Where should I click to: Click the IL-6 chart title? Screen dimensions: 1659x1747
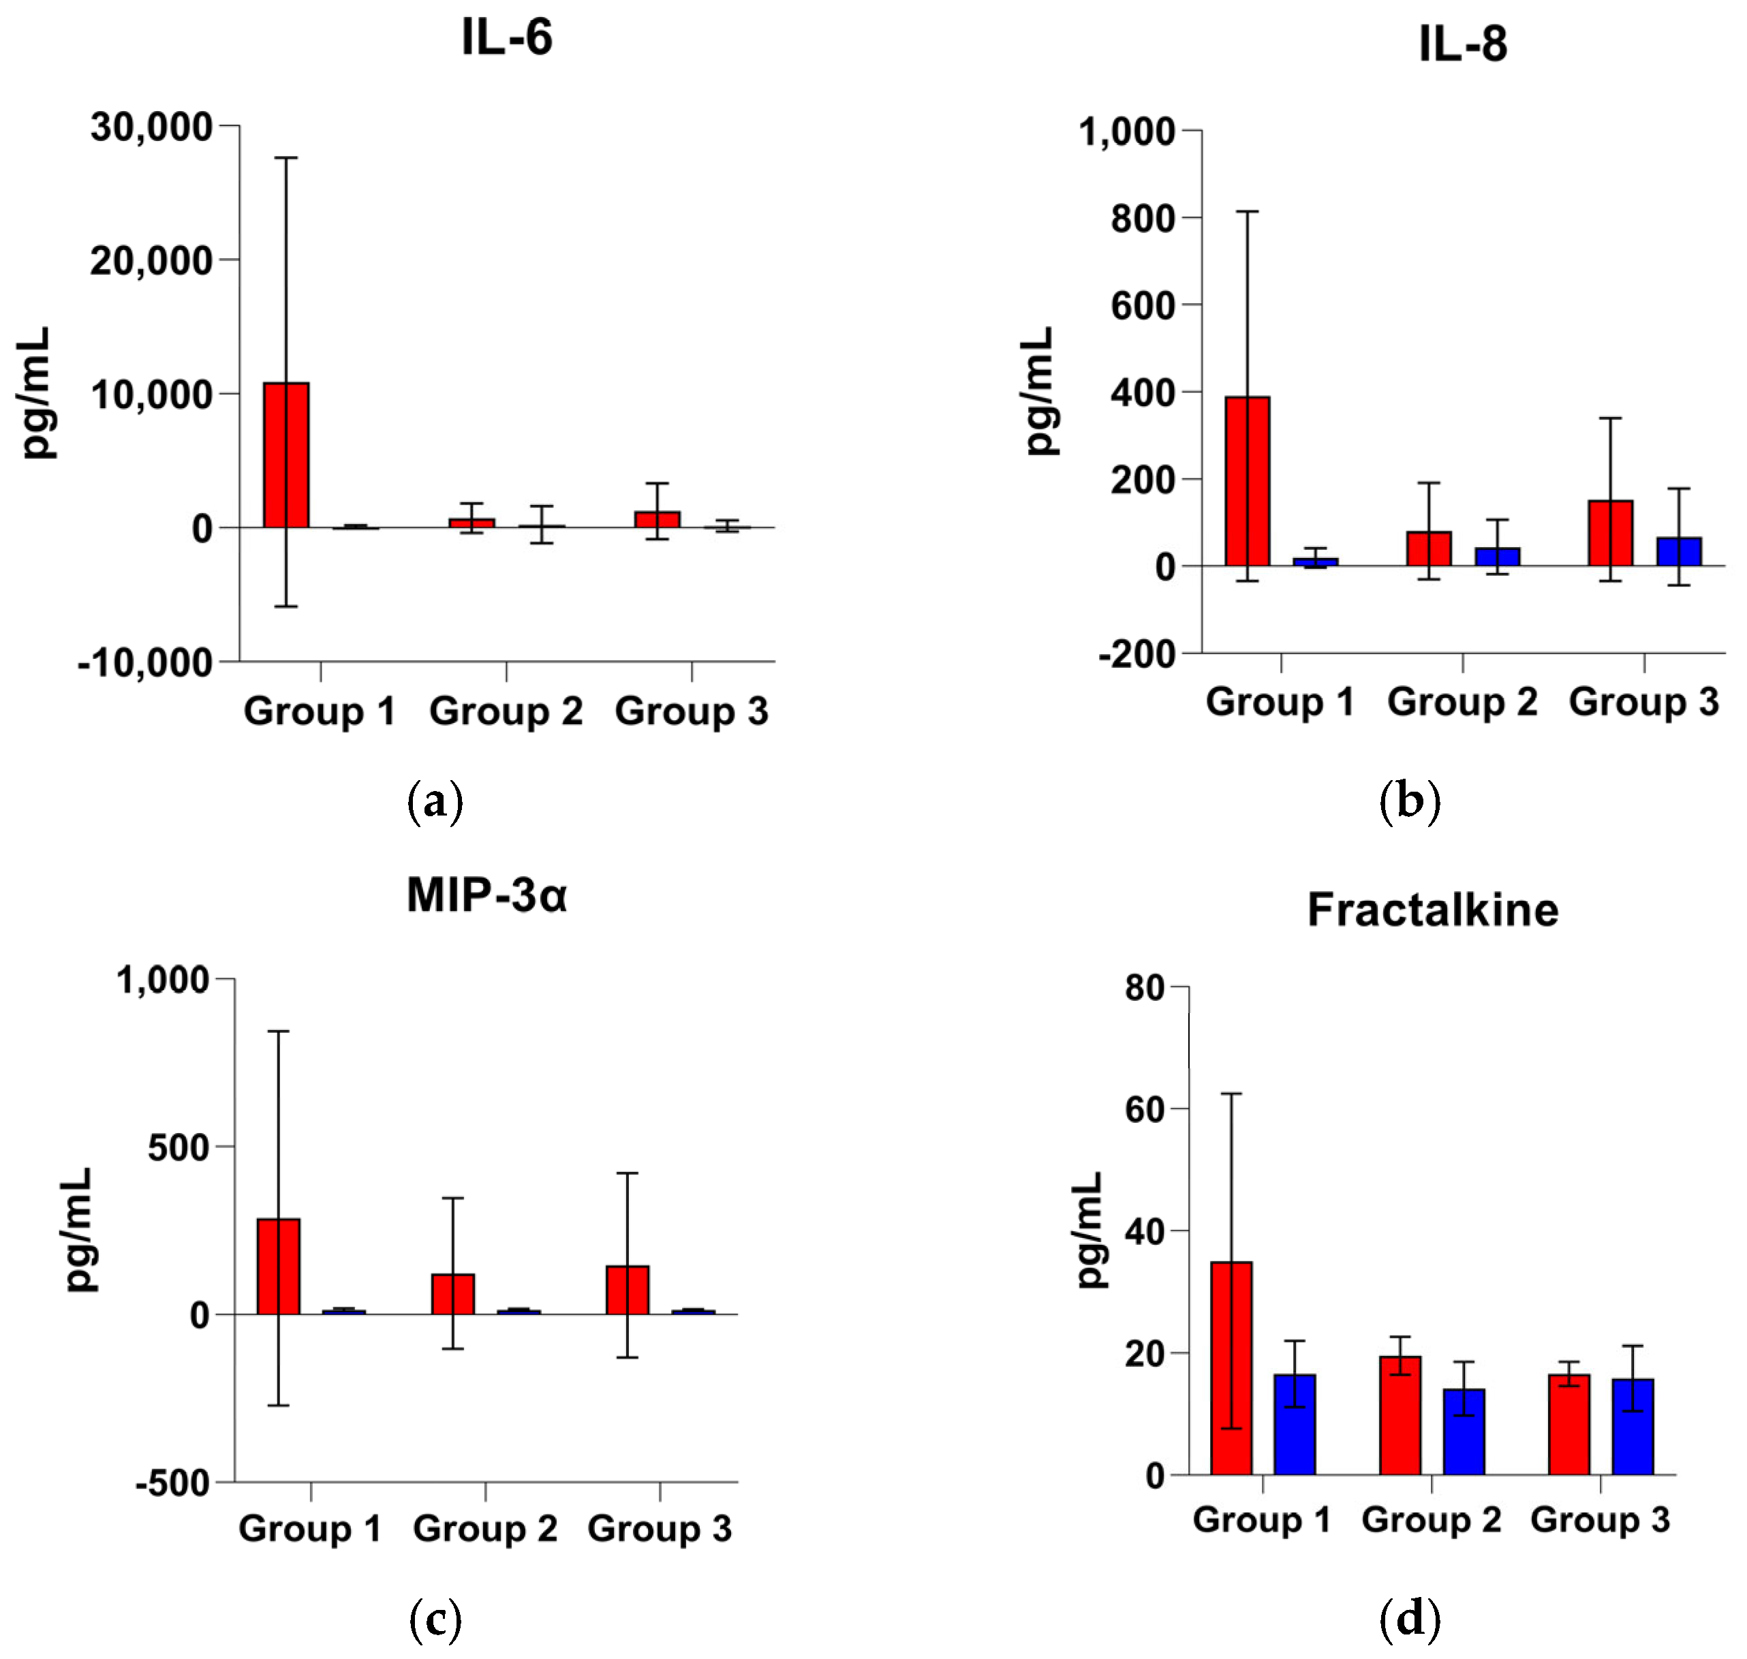[x=507, y=38]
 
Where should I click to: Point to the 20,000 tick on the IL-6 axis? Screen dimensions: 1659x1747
[x=151, y=260]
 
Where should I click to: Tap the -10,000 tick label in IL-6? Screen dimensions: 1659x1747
[x=146, y=662]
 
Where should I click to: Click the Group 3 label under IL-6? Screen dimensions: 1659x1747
[x=691, y=712]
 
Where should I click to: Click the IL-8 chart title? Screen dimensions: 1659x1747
[x=1462, y=44]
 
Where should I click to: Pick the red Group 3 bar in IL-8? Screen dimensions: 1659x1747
[x=1610, y=533]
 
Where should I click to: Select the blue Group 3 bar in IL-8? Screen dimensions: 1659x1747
[x=1678, y=552]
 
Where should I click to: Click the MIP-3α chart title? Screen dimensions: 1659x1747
[x=486, y=895]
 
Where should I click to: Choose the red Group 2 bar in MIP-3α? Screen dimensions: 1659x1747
[x=453, y=1294]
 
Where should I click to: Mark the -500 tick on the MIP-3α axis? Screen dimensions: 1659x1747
[x=172, y=1482]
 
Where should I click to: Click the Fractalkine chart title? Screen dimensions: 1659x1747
[x=1433, y=910]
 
